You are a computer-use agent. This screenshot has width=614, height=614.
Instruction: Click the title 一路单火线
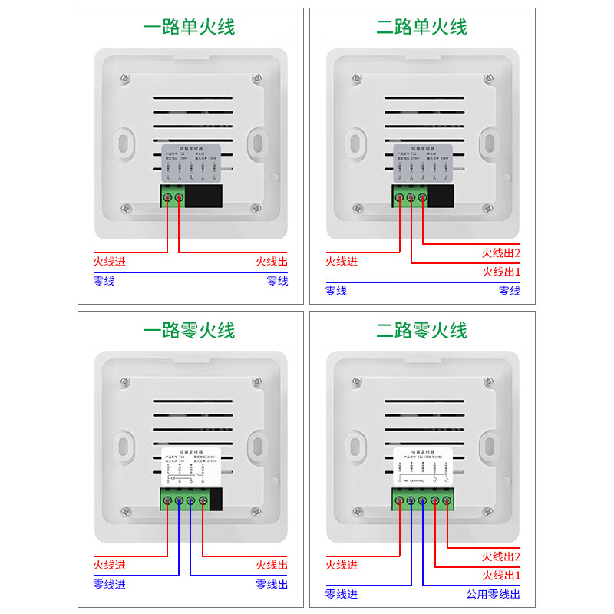(x=190, y=27)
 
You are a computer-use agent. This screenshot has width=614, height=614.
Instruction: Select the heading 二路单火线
(x=421, y=27)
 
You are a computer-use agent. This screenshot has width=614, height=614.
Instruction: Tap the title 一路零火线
(x=190, y=331)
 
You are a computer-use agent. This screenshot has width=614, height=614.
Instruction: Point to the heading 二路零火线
(x=421, y=331)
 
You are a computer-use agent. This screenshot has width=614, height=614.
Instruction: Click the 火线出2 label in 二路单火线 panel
(x=500, y=253)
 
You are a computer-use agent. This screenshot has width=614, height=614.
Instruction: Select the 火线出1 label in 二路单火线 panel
(x=500, y=272)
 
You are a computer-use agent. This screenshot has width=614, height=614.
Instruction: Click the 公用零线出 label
(x=493, y=594)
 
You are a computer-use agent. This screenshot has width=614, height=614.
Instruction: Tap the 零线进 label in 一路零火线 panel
(x=109, y=584)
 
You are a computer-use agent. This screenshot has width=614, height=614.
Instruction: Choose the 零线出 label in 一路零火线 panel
(x=272, y=584)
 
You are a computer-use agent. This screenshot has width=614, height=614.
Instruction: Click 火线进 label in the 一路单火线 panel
(x=109, y=262)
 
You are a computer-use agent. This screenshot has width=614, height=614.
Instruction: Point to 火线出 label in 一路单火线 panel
(x=272, y=262)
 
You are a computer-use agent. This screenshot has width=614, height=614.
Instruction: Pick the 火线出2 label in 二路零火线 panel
(x=500, y=556)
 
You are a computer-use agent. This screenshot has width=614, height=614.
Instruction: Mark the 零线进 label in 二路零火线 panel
(x=342, y=594)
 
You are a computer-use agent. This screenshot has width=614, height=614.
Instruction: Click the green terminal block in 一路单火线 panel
(x=173, y=197)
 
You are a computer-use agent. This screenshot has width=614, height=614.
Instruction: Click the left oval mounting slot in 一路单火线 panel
(x=123, y=142)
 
